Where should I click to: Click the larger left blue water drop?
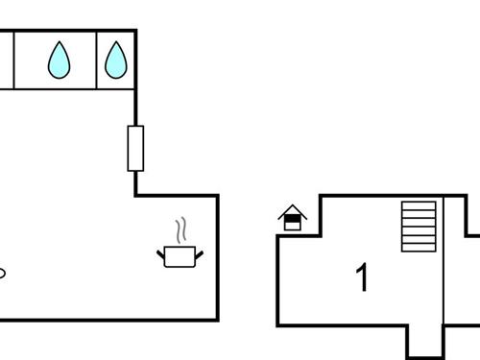tap(60, 60)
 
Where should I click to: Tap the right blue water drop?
tap(116, 60)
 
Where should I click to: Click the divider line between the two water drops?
tap(97, 60)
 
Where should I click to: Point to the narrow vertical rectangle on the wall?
tap(135, 148)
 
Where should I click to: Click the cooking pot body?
tap(180, 257)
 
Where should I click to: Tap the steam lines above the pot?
tap(180, 231)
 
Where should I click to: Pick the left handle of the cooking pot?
tap(160, 253)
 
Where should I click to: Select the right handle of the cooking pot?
tap(199, 253)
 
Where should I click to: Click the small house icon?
tap(293, 218)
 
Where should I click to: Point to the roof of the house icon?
tap(293, 210)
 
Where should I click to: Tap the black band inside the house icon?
tap(293, 220)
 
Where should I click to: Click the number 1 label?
tap(362, 277)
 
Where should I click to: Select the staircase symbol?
tap(419, 227)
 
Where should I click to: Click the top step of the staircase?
tap(419, 204)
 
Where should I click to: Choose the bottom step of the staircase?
tap(419, 249)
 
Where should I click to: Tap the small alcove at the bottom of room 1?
tap(425, 341)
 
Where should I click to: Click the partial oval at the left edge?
tap(2, 273)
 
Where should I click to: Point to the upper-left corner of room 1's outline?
tap(322, 196)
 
